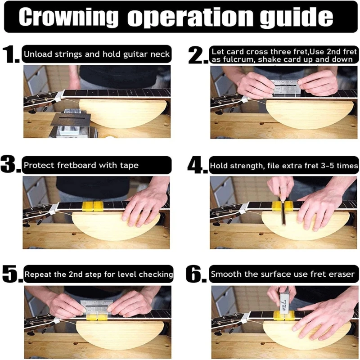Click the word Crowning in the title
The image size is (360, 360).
(x=68, y=17)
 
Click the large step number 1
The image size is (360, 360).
(x=11, y=54)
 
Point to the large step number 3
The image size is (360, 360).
(x=10, y=164)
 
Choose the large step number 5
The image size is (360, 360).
(x=12, y=274)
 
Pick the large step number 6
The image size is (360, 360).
(x=196, y=274)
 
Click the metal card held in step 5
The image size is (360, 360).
(x=96, y=307)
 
